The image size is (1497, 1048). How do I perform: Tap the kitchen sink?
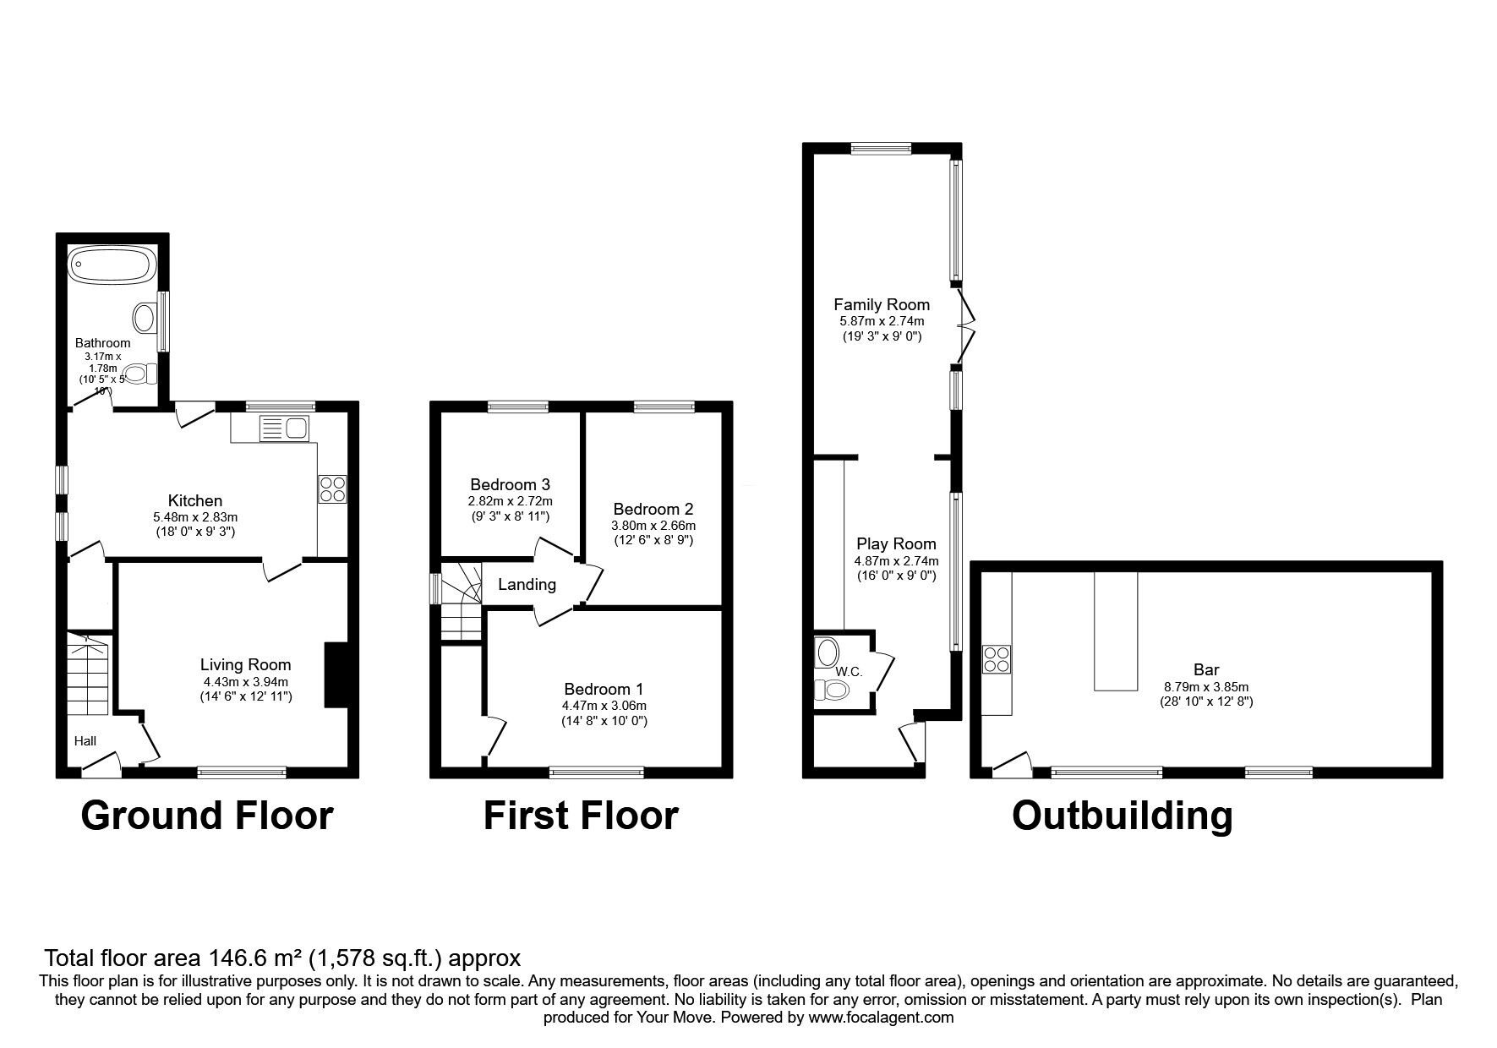click(285, 428)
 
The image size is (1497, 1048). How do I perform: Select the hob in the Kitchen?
click(332, 489)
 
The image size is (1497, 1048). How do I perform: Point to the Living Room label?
click(245, 665)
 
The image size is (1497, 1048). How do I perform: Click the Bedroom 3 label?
click(510, 484)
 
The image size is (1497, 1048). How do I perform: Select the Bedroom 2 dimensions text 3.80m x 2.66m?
click(653, 525)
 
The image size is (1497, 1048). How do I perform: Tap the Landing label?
click(527, 584)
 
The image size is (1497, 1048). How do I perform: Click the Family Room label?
click(881, 304)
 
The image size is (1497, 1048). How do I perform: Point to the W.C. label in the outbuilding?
click(848, 672)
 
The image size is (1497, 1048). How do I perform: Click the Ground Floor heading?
click(207, 816)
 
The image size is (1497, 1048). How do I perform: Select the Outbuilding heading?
click(1122, 816)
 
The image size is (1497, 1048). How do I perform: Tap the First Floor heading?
click(581, 816)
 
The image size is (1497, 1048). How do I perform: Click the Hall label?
click(85, 741)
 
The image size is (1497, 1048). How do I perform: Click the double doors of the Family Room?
click(967, 322)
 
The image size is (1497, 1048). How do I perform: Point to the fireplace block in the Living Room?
click(336, 674)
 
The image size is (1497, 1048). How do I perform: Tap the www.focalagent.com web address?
click(881, 1018)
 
